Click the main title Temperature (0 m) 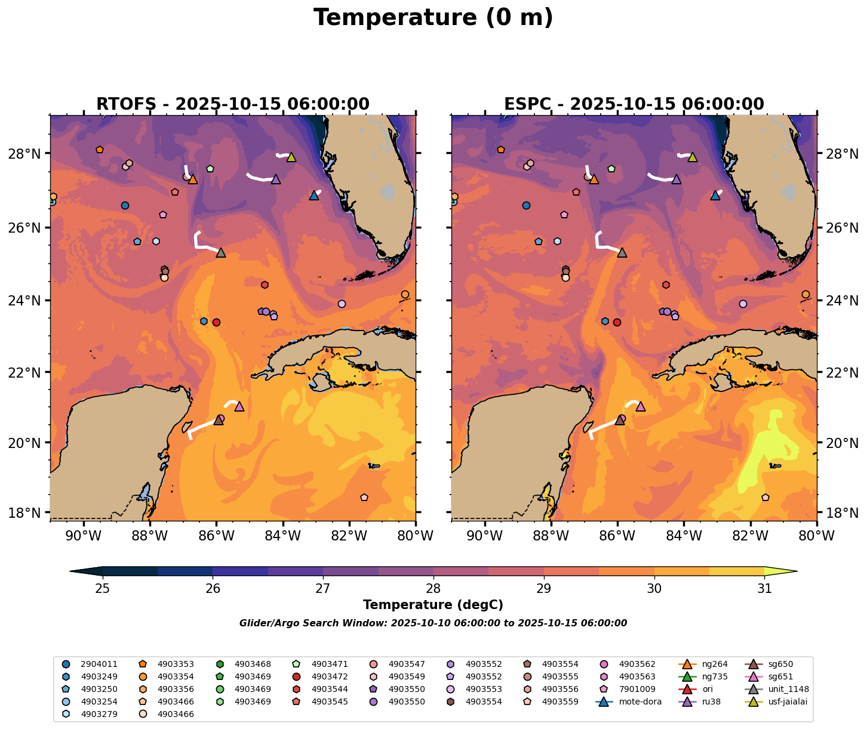click(x=433, y=18)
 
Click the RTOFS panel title click(x=233, y=104)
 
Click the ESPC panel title click(x=634, y=104)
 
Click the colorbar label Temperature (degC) click(x=433, y=605)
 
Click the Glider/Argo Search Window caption click(x=433, y=623)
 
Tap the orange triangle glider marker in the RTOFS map click(x=193, y=179)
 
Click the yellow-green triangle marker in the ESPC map click(x=693, y=157)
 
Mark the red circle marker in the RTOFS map click(x=216, y=322)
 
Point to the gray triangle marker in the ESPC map click(x=622, y=252)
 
